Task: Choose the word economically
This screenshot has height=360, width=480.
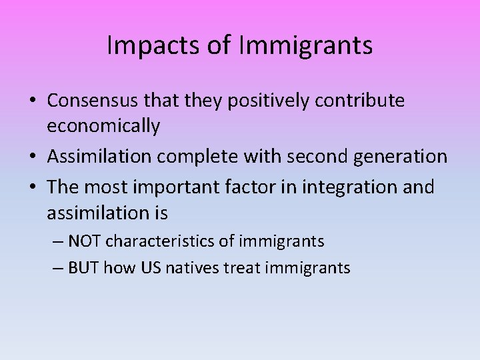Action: point(103,126)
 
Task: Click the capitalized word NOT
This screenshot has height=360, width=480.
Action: point(85,241)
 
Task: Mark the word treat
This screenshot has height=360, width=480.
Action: point(243,268)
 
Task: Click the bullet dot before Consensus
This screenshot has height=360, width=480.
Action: point(32,101)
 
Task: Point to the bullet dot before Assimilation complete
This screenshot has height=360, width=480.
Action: point(32,157)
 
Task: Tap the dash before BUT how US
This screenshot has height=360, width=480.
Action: point(57,268)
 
